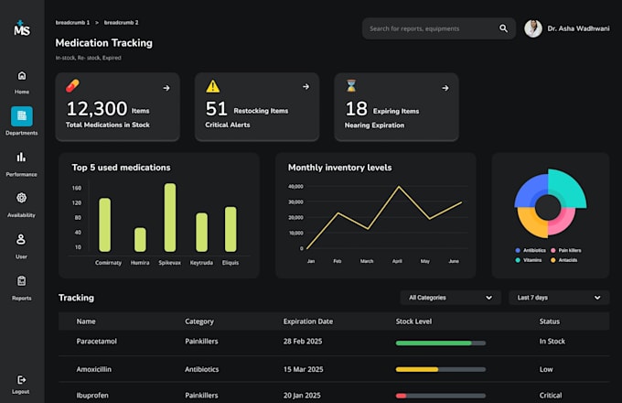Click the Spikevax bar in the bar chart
170,217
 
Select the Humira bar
140,239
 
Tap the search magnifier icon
503,28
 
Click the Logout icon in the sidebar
21,380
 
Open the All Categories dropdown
450,298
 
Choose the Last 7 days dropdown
559,298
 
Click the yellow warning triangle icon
212,86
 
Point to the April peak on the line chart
399,186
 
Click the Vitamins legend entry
529,260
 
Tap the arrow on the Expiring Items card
445,88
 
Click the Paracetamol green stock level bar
434,343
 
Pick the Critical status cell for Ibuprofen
551,395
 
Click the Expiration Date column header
308,321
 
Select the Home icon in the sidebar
22,75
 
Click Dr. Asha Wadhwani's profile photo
533,28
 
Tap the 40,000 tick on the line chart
296,186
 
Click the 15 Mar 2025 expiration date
303,369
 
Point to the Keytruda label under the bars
201,263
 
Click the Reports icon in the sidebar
21,280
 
